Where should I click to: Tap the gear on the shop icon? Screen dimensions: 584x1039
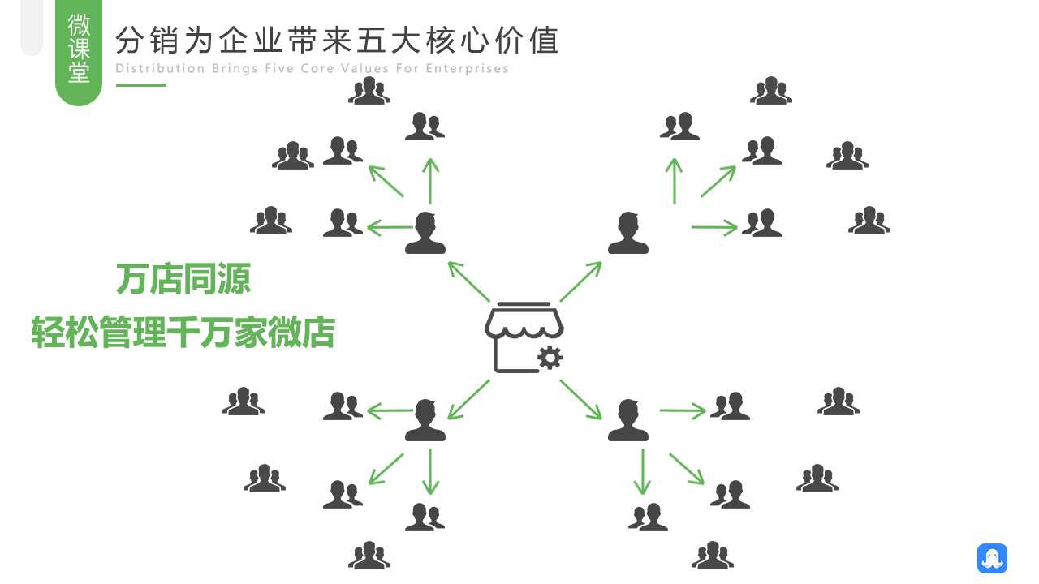pos(550,357)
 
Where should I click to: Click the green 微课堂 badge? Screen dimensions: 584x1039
pos(79,50)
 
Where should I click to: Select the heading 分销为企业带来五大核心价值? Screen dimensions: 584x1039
pos(337,40)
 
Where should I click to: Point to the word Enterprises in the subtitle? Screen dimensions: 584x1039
pos(467,68)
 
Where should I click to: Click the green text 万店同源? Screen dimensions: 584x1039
pos(183,279)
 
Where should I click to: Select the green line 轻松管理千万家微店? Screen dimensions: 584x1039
pos(183,333)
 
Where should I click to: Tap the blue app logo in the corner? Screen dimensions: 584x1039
pos(992,558)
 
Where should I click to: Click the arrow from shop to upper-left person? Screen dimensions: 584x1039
pos(468,281)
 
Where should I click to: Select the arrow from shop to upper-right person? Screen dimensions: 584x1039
pos(580,281)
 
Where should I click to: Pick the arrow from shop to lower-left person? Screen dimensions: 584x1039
pos(468,399)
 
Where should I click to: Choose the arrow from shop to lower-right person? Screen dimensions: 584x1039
pos(580,399)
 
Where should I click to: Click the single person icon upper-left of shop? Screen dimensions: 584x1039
pos(425,233)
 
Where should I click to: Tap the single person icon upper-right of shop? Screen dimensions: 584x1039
pos(627,233)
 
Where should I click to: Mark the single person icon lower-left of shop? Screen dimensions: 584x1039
pos(425,420)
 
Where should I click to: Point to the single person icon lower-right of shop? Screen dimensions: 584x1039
pos(627,420)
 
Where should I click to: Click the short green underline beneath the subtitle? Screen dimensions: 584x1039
pos(140,85)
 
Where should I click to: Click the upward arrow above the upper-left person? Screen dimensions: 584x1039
pos(430,181)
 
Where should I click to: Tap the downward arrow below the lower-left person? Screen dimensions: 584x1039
pos(430,471)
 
